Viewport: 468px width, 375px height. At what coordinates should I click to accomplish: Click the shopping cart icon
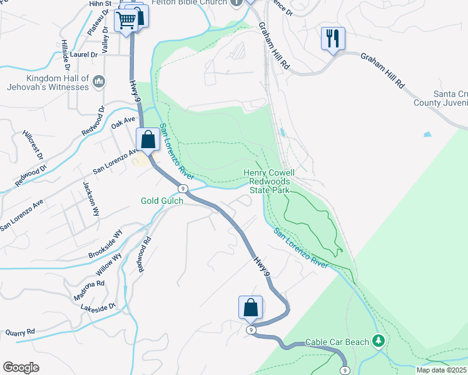point(126,21)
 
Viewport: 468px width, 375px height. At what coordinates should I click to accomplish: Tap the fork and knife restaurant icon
point(332,39)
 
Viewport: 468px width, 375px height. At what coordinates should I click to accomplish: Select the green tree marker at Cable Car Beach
point(378,341)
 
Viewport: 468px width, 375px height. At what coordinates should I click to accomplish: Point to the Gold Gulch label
point(161,201)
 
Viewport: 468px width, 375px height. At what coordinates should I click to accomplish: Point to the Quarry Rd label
point(20,332)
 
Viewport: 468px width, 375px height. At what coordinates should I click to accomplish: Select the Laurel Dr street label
point(84,54)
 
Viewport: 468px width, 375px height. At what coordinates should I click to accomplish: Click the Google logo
point(21,367)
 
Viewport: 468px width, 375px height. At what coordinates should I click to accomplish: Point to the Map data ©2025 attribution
point(441,370)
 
